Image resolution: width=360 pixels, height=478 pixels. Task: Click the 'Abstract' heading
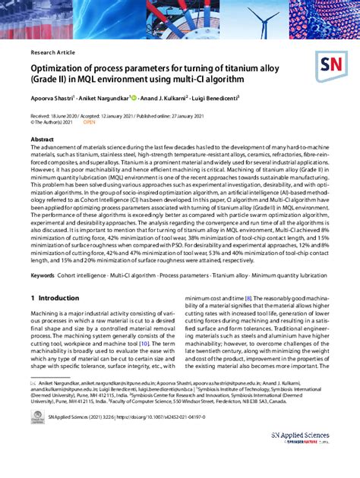click(x=42, y=141)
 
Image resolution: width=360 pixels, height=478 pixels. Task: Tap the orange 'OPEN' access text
click(x=89, y=121)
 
